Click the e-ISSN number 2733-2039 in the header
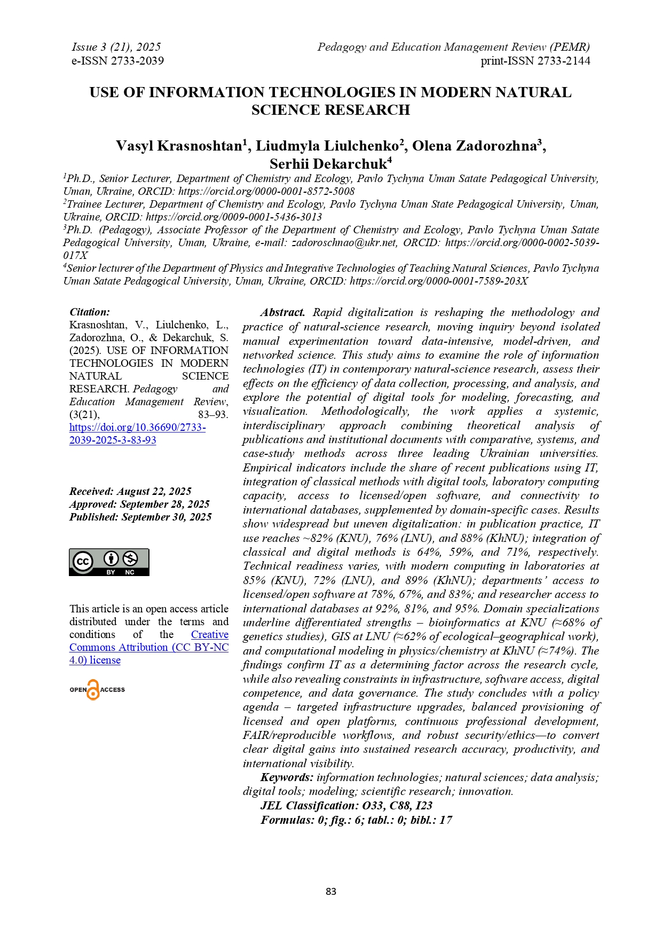[137, 61]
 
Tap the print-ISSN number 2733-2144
[564, 61]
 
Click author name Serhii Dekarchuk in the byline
[328, 164]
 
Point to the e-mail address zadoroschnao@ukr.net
[344, 243]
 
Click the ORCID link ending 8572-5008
[266, 192]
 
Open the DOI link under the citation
[137, 434]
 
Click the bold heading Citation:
[90, 312]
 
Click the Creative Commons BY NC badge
[109, 562]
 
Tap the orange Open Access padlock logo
[93, 690]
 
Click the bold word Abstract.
[282, 313]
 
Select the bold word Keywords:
[287, 778]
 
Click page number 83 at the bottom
[331, 891]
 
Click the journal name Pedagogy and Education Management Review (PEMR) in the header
[453, 47]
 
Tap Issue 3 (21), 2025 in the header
[116, 47]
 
